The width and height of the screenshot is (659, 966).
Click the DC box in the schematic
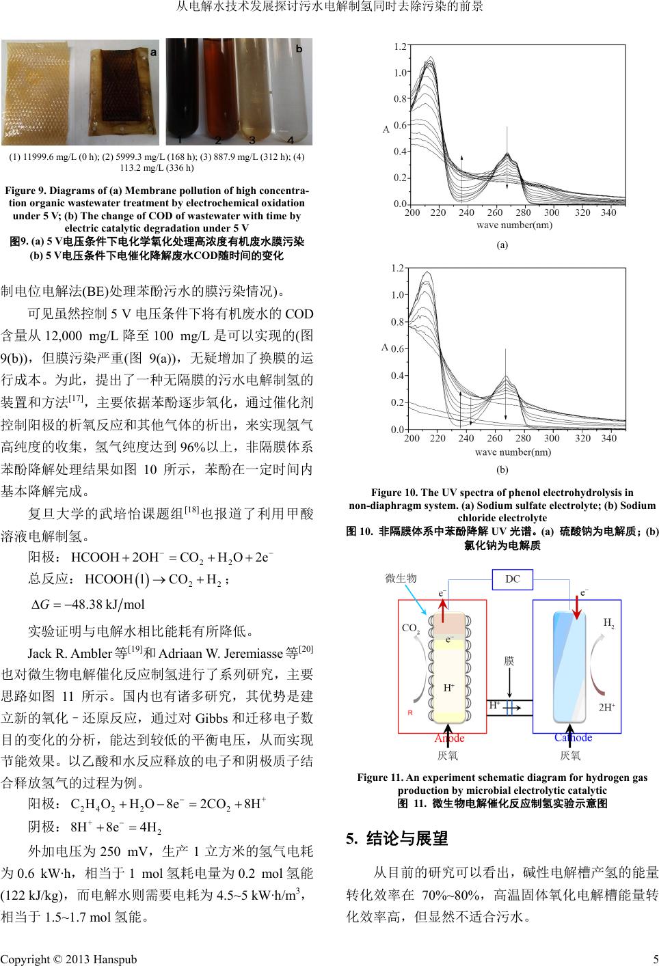[x=512, y=579]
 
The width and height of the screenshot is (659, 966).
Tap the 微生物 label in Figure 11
[x=401, y=578]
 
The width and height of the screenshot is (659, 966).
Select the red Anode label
[x=449, y=738]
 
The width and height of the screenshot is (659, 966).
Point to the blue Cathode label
[x=573, y=737]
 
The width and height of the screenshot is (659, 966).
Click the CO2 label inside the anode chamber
[x=411, y=628]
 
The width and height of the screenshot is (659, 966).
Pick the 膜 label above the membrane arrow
[x=509, y=661]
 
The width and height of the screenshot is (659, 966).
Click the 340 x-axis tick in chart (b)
[x=608, y=439]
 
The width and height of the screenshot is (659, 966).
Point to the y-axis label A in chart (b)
[x=385, y=348]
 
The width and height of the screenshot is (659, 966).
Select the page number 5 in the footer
[x=655, y=959]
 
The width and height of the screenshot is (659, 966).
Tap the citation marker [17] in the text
[x=76, y=397]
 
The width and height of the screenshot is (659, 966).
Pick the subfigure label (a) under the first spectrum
[x=502, y=245]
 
